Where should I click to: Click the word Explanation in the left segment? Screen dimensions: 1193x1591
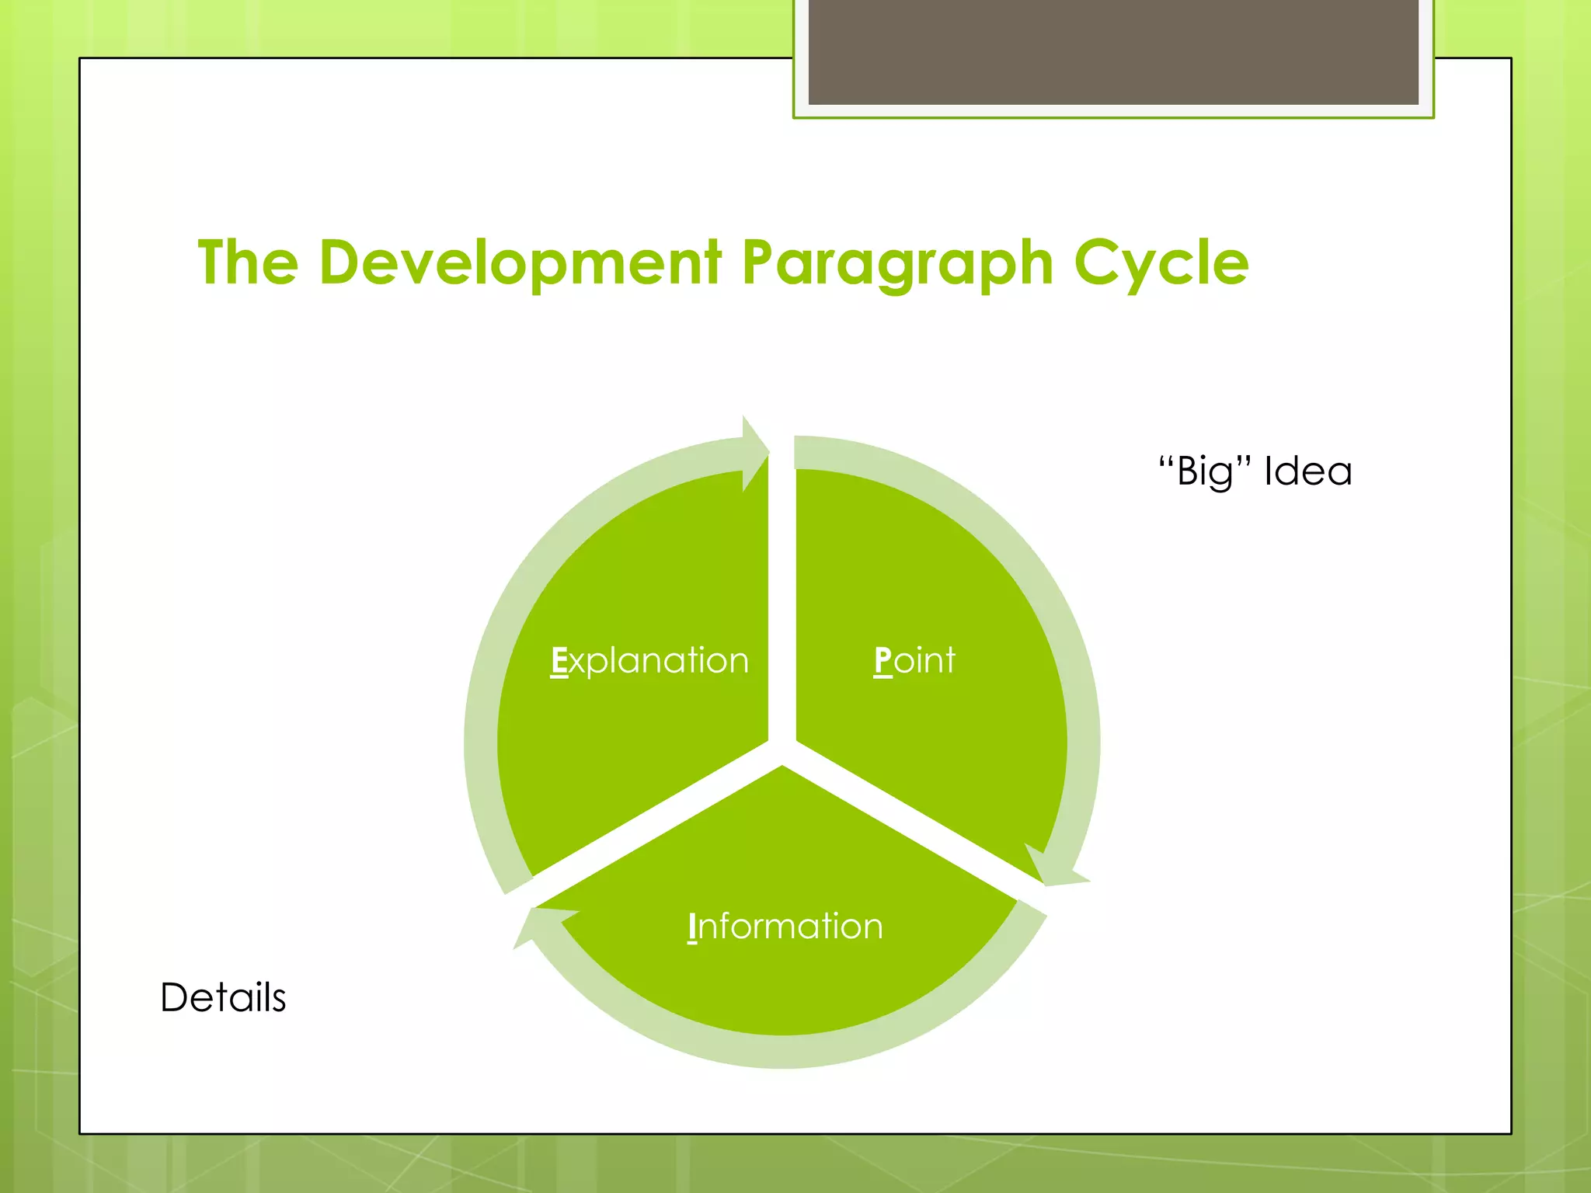pos(650,662)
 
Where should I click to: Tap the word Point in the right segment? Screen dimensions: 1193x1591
pos(914,661)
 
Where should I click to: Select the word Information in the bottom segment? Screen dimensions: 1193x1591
pos(785,927)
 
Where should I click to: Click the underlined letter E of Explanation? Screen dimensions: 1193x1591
pos(559,661)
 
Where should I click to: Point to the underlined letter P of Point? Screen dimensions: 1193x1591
pos(883,661)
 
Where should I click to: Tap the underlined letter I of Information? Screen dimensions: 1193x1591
pos(692,927)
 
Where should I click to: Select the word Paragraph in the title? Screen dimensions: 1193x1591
pos(897,264)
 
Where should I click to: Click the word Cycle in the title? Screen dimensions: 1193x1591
pos(1161,264)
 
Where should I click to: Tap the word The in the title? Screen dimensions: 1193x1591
pos(248,263)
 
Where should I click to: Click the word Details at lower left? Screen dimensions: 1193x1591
pos(223,997)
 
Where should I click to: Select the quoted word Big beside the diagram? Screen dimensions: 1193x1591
pos(1205,471)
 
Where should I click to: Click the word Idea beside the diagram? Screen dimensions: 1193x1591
pos(1308,471)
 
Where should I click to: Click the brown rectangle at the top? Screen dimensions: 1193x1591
pos(1113,51)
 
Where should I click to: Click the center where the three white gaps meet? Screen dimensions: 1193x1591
pos(782,751)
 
